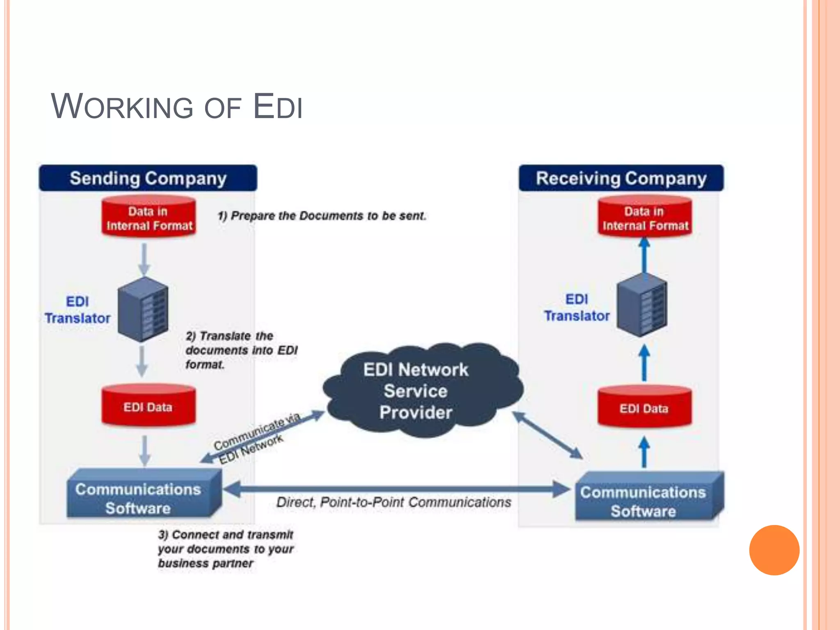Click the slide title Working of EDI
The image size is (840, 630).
click(176, 107)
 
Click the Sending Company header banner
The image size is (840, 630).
click(148, 178)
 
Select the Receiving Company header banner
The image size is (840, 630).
click(621, 178)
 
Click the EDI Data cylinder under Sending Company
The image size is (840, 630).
click(148, 406)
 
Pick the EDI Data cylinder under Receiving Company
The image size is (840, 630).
click(644, 408)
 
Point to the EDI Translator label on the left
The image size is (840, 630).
click(78, 310)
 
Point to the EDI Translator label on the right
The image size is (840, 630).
click(577, 308)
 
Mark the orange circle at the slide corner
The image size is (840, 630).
click(774, 550)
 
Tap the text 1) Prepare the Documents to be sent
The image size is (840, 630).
click(322, 216)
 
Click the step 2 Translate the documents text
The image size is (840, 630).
click(241, 350)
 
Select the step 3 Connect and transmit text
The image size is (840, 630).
click(226, 549)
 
